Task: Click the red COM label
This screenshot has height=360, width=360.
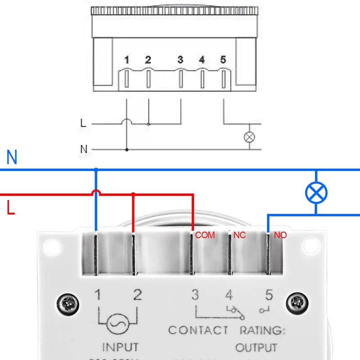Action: (205, 235)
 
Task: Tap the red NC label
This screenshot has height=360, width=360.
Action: (239, 235)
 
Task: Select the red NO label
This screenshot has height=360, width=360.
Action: (280, 235)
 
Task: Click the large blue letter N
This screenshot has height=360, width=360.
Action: (12, 158)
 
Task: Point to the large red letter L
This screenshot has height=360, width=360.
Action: (11, 208)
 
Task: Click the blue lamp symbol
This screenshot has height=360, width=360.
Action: (316, 193)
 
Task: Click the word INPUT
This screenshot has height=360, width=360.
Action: (121, 348)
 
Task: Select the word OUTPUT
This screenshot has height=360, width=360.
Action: (256, 348)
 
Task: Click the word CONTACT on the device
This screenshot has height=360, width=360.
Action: (198, 330)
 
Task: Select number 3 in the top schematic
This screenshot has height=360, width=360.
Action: (180, 59)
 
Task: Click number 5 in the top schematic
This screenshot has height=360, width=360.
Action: (223, 59)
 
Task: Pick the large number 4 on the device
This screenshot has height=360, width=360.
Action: (229, 295)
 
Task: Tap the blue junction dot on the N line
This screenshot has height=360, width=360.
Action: (96, 170)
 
